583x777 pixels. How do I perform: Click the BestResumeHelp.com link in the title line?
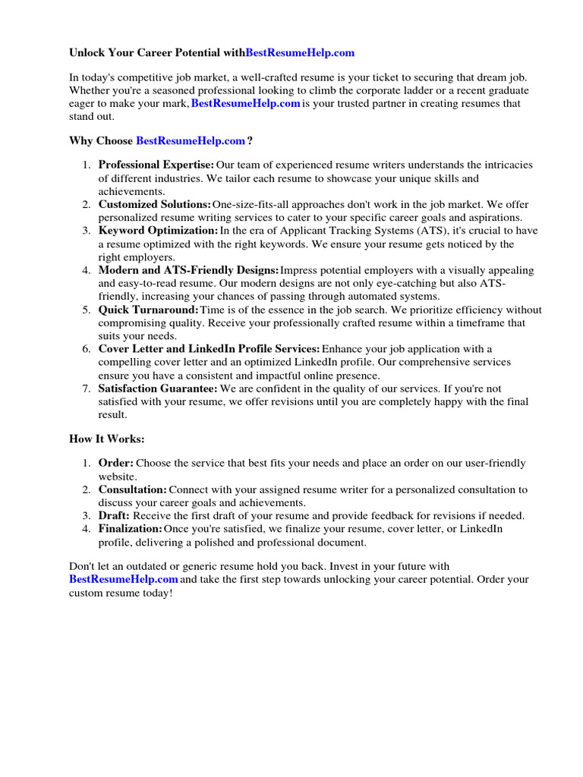point(300,53)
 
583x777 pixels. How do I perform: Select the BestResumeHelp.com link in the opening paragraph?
point(246,103)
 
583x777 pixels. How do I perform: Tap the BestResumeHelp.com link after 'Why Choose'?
point(191,140)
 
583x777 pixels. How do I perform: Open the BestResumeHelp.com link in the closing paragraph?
point(124,579)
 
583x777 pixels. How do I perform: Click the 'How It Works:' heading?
point(107,439)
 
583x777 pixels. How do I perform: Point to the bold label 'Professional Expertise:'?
point(156,165)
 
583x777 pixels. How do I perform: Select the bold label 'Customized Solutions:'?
point(154,205)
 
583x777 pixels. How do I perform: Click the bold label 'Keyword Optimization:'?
point(158,231)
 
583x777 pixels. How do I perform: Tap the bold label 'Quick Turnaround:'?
point(148,310)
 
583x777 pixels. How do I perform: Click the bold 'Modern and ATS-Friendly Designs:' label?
point(188,270)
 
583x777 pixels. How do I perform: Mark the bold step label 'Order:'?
point(116,463)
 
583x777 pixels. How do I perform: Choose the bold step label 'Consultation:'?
point(133,489)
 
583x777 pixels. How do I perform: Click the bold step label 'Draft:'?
point(115,515)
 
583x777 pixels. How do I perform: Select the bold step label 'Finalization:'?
point(131,529)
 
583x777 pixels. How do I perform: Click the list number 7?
point(86,388)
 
